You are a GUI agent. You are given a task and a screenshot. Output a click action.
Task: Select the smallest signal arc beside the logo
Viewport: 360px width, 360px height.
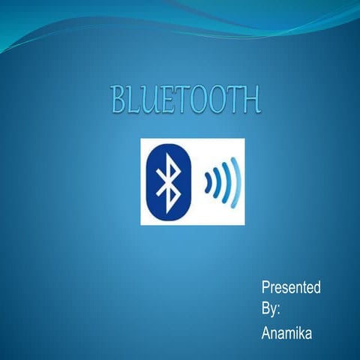(208, 181)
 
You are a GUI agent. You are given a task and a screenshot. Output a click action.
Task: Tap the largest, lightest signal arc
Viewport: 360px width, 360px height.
(236, 181)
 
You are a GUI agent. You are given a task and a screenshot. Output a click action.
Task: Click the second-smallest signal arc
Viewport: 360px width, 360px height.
(217, 181)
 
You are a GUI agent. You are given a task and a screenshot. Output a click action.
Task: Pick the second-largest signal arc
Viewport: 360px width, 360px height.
(226, 181)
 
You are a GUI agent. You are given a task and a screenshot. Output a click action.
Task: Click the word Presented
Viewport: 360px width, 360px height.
(291, 287)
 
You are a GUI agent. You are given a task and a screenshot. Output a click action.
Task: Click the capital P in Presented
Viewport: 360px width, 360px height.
(265, 287)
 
